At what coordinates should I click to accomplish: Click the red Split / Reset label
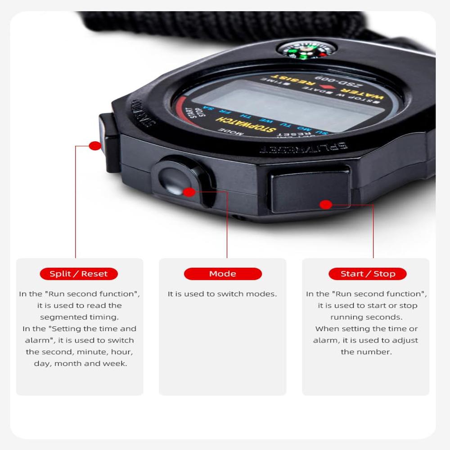(79, 274)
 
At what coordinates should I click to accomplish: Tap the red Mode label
(222, 274)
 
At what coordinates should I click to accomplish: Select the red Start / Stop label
(368, 274)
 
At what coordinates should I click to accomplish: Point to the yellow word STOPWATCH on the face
(245, 125)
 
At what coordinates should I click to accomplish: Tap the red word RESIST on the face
(288, 81)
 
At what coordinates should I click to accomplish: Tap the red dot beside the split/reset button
(95, 145)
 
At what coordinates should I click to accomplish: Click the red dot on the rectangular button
(326, 205)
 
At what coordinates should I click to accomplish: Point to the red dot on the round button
(189, 192)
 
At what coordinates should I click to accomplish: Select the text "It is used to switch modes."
(222, 294)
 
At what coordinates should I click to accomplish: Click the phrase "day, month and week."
(81, 364)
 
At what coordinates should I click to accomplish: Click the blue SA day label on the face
(207, 108)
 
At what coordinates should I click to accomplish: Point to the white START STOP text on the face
(192, 116)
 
